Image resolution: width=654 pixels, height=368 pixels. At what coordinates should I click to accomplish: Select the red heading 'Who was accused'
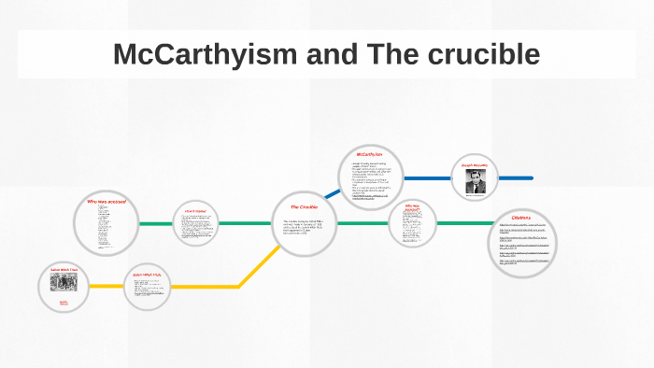107,202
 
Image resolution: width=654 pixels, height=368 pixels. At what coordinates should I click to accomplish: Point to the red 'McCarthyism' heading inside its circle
369,154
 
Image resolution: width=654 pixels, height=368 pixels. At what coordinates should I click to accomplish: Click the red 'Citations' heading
515,218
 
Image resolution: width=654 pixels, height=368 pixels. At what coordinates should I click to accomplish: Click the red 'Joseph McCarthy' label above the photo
475,165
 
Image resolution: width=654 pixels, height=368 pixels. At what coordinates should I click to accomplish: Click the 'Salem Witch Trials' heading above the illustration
64,270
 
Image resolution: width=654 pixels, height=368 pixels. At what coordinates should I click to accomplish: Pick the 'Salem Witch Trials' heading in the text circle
148,275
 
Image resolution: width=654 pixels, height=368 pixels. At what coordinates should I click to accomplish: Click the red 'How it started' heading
194,211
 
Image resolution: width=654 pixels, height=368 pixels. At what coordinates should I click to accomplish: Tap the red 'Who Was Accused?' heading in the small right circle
413,207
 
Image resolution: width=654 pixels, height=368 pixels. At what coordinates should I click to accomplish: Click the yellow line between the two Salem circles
107,286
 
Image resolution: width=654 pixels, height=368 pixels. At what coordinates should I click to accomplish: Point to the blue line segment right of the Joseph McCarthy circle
516,177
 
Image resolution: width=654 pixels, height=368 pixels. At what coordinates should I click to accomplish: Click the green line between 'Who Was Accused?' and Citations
463,224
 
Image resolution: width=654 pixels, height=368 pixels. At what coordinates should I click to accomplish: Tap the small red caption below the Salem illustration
64,303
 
